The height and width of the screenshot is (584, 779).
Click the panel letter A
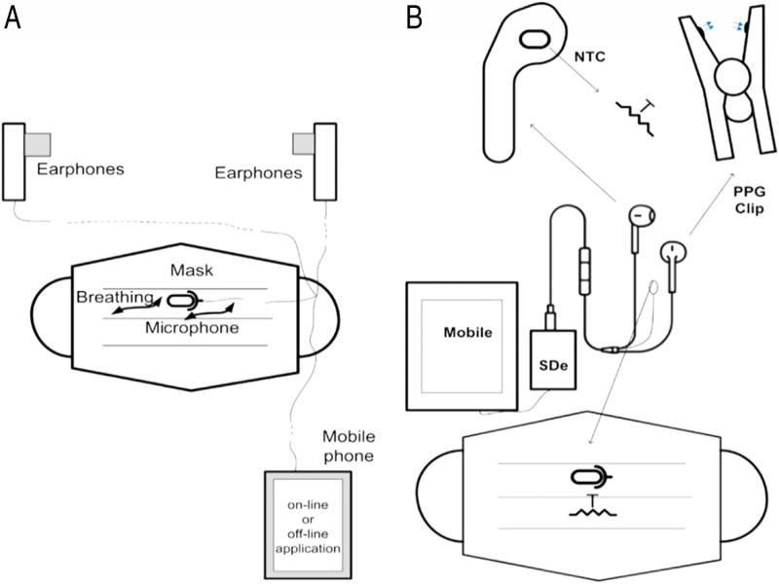(x=13, y=17)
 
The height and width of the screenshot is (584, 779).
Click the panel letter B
(x=414, y=17)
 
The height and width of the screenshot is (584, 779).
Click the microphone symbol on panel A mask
(x=184, y=301)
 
